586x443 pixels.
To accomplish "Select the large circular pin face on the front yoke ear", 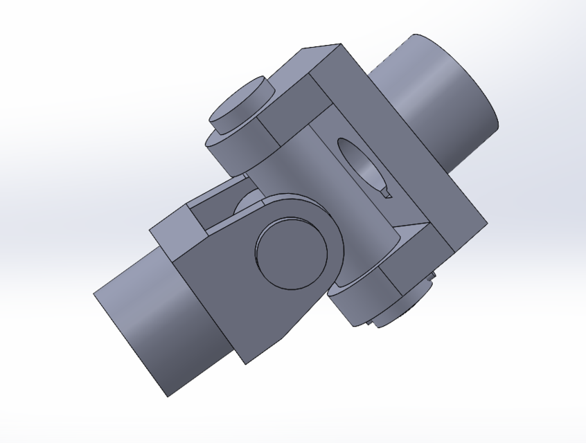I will point(291,253).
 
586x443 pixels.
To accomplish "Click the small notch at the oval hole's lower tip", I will point(385,195).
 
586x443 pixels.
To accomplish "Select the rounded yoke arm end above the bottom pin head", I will point(360,298).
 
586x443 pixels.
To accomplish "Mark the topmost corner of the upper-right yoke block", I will point(339,44).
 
